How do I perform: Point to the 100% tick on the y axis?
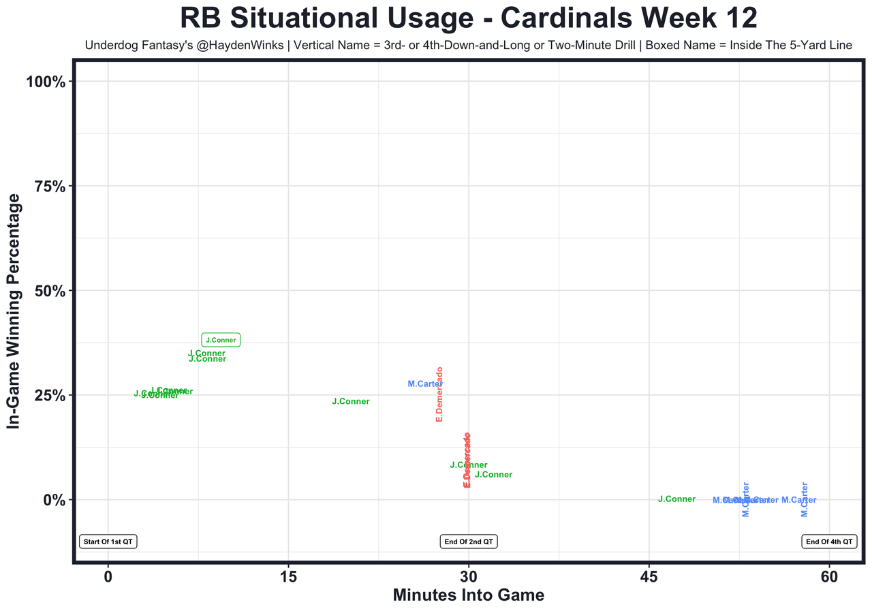46,82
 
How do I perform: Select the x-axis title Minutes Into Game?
469,595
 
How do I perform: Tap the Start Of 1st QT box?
108,542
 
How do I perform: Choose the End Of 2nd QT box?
469,542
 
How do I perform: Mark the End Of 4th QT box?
829,542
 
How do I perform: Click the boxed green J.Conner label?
221,340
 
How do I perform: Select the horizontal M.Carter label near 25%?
425,384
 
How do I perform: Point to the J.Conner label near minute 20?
350,402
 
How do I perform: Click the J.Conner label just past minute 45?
676,499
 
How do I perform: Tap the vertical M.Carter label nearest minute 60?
805,499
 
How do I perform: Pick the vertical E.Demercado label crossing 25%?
440,394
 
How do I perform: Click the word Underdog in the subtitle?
109,46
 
